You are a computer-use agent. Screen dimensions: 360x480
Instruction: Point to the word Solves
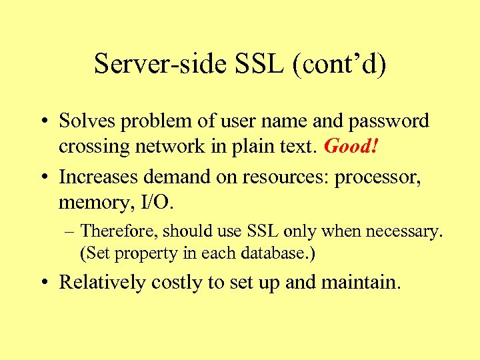tap(85, 121)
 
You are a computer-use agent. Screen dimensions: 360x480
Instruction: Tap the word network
tap(162, 146)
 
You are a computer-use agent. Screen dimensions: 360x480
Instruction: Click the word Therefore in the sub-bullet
tap(119, 232)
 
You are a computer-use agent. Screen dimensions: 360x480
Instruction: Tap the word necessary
tap(399, 232)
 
